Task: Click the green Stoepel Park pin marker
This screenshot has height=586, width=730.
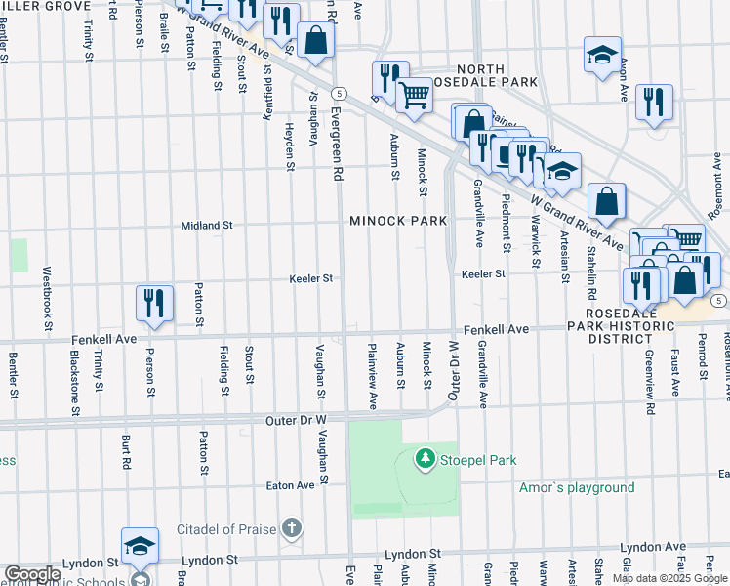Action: [425, 458]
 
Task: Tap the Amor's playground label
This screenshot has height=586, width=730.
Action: [576, 487]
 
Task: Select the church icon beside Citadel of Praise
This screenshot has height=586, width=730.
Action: [291, 529]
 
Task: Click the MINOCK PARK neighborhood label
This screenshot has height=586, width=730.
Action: [399, 221]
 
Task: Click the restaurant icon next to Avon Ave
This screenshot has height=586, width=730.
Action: [653, 102]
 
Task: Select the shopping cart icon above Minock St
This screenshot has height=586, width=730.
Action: [415, 96]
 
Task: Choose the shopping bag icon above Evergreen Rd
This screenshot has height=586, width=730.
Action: [316, 41]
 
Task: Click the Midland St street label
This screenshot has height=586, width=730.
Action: [207, 225]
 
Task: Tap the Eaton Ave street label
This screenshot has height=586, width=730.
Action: [291, 484]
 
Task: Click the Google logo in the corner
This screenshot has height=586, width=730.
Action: [32, 574]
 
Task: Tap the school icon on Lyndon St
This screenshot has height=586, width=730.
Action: [140, 546]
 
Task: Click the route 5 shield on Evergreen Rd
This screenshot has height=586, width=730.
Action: [339, 93]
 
